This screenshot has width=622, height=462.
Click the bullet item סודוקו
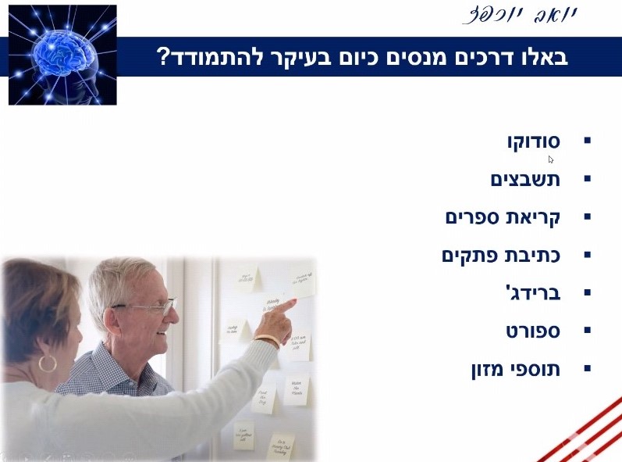533,141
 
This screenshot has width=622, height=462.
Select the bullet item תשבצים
525,179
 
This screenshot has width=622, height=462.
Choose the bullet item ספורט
533,331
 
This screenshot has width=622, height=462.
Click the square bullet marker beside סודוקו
588,141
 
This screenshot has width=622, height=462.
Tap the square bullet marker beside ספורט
588,331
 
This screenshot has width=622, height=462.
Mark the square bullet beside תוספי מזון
588,368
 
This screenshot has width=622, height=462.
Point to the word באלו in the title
542,57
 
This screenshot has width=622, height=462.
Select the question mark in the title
164,57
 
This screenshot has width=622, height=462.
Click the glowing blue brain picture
62,55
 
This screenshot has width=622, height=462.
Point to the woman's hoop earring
48,363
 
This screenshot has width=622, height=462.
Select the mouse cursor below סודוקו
551,159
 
